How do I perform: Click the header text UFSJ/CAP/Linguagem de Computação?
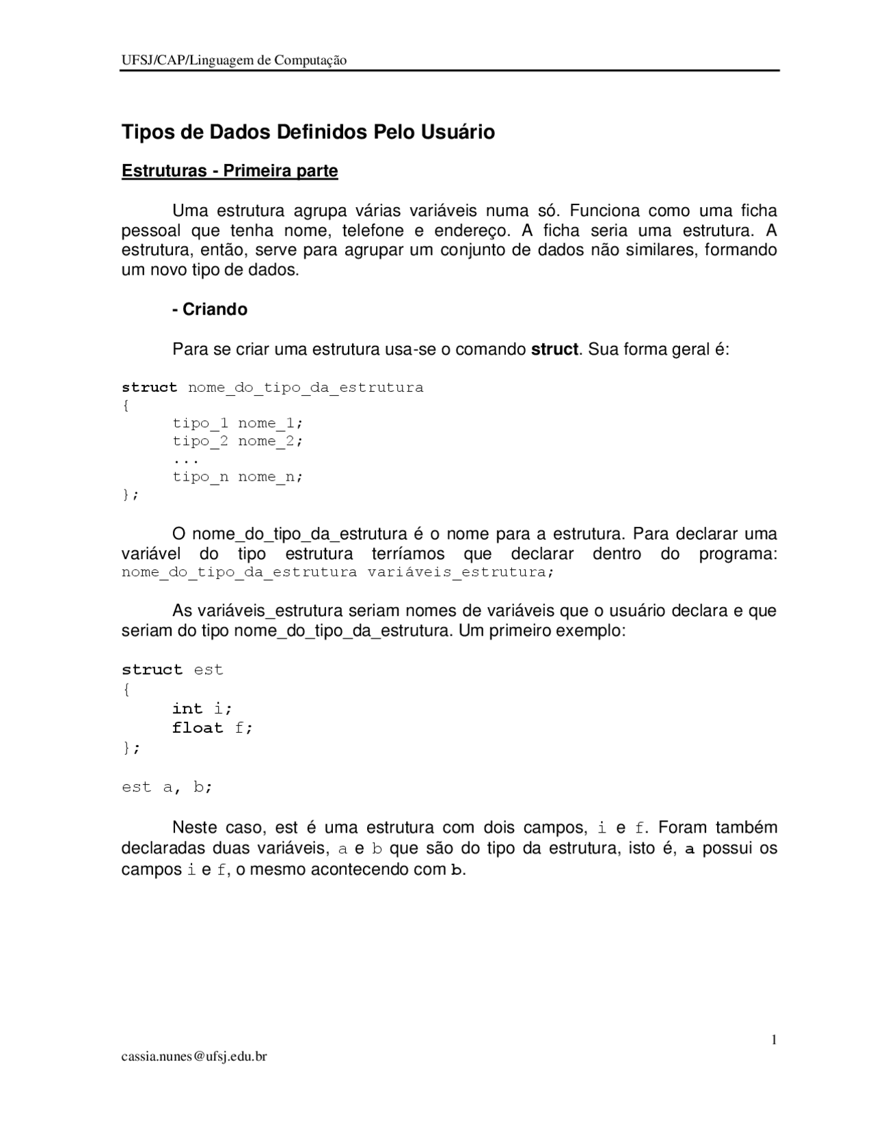tap(234, 60)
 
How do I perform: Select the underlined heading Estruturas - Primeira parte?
tap(230, 170)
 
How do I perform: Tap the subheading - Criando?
tap(210, 309)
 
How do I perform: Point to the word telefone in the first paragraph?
tap(373, 230)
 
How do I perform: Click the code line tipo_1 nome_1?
tap(237, 423)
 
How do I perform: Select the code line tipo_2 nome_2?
tap(237, 441)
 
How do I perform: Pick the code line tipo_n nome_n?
tap(237, 476)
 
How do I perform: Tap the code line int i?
tap(202, 708)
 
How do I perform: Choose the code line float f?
tap(213, 727)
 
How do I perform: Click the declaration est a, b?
tap(167, 787)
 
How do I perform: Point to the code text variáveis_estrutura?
tap(460, 571)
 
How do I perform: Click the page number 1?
tap(774, 1040)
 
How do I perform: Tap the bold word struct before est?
tap(152, 669)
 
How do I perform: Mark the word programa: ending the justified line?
tap(738, 553)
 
